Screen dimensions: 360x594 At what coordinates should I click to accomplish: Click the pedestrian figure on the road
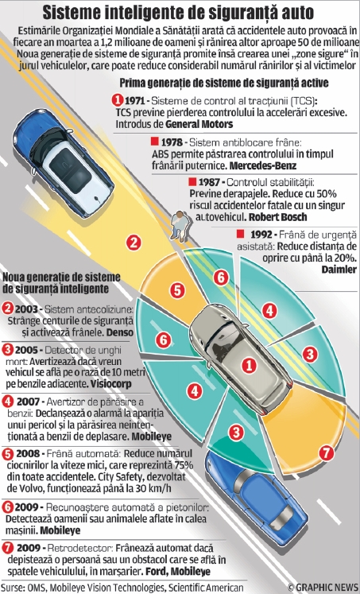tap(180, 226)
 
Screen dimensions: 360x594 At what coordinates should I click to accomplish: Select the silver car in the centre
tap(240, 359)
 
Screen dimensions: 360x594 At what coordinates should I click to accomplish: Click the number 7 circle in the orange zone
tap(326, 452)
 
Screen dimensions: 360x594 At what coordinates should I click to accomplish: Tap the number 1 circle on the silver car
tap(249, 365)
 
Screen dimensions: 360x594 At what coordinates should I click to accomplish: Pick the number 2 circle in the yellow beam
tap(134, 242)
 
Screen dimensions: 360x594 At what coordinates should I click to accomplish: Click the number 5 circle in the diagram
tap(177, 290)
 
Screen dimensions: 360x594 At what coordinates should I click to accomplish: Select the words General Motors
tap(199, 124)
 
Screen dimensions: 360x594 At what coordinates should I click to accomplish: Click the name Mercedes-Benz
tap(263, 165)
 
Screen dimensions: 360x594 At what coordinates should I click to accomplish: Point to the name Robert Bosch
tap(278, 217)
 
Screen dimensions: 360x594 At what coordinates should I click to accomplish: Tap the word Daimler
tap(339, 269)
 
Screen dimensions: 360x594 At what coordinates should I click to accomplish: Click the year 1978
tap(172, 142)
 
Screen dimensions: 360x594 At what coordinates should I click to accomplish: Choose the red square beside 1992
tap(240, 234)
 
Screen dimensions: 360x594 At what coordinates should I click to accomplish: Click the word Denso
tap(120, 332)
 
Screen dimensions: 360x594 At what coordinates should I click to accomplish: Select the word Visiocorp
tap(111, 384)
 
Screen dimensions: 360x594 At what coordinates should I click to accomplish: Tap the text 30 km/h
tap(153, 488)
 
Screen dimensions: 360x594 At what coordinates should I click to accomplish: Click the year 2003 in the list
tap(25, 309)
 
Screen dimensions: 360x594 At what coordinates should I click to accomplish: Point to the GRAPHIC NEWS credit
tap(323, 587)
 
